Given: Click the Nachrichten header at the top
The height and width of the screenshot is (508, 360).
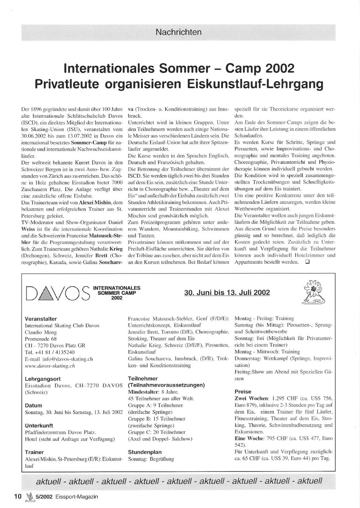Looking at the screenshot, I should [179, 32].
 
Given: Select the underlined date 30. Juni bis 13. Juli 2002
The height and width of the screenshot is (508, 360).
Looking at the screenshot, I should [227, 292].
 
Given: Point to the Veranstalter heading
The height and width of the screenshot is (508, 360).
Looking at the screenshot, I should [41, 319].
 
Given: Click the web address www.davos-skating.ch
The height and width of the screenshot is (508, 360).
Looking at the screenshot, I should [50, 366].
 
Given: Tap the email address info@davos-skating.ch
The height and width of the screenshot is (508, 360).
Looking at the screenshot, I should [59, 359].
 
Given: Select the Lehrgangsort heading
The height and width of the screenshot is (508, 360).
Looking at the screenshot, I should [42, 379].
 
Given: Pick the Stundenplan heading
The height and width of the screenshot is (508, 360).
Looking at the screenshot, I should [145, 452].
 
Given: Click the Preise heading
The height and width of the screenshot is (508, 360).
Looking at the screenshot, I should [243, 391].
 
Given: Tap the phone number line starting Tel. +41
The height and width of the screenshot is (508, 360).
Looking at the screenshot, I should [50, 352].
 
